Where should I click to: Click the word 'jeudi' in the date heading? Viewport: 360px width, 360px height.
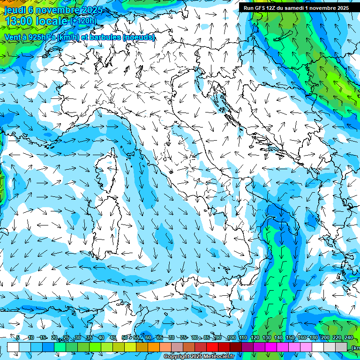(x=15, y=10)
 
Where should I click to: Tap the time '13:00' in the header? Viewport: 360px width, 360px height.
(x=19, y=21)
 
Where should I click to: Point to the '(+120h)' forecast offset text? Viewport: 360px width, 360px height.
(x=83, y=21)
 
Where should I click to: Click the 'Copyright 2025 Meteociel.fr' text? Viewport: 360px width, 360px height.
(x=199, y=357)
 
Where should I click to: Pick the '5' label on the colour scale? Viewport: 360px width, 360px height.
(x=18, y=338)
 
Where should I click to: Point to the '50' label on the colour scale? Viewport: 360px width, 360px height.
(x=124, y=338)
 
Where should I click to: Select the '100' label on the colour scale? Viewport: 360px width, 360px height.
(x=231, y=338)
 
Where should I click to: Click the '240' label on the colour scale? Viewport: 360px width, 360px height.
(x=348, y=338)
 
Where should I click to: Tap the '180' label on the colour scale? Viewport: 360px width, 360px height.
(x=313, y=338)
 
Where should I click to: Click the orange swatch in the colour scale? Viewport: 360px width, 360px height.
(x=153, y=347)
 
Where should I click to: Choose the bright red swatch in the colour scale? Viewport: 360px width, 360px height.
(x=212, y=347)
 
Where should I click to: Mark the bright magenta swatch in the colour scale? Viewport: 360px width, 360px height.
(x=271, y=347)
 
